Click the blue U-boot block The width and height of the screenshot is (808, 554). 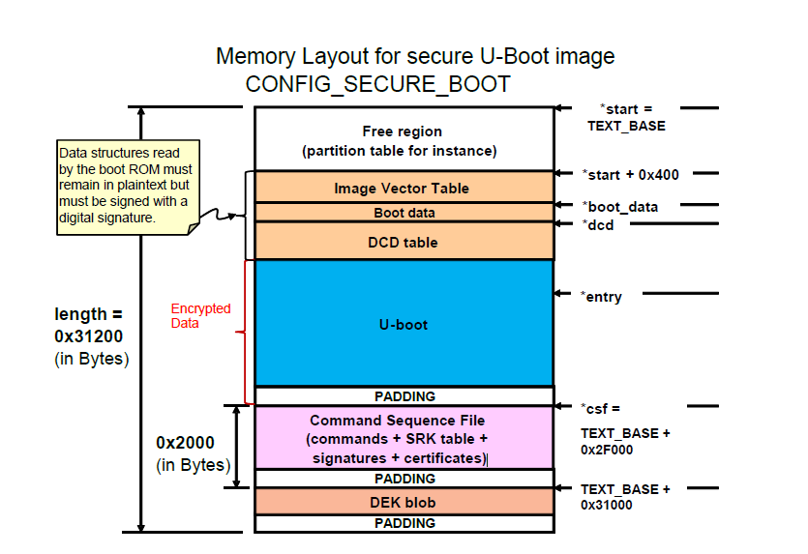click(x=404, y=323)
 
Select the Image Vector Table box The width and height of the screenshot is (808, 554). click(x=402, y=189)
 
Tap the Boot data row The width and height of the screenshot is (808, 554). click(x=404, y=213)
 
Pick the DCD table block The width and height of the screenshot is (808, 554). click(x=404, y=242)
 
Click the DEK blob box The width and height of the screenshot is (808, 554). click(x=403, y=502)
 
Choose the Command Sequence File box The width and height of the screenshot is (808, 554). click(x=398, y=439)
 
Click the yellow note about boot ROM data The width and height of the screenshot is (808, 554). click(x=125, y=188)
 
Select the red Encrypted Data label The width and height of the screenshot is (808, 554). click(x=200, y=316)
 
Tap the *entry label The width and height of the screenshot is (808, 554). click(x=600, y=297)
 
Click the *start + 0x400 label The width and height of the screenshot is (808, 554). click(x=630, y=175)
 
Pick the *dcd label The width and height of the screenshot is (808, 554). click(x=597, y=225)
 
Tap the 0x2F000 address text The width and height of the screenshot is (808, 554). click(x=608, y=451)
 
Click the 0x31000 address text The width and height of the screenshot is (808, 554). click(x=608, y=505)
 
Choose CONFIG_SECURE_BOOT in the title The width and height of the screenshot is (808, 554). click(x=377, y=84)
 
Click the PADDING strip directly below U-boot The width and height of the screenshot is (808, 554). click(x=404, y=396)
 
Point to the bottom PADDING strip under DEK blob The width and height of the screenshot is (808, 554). click(x=404, y=523)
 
